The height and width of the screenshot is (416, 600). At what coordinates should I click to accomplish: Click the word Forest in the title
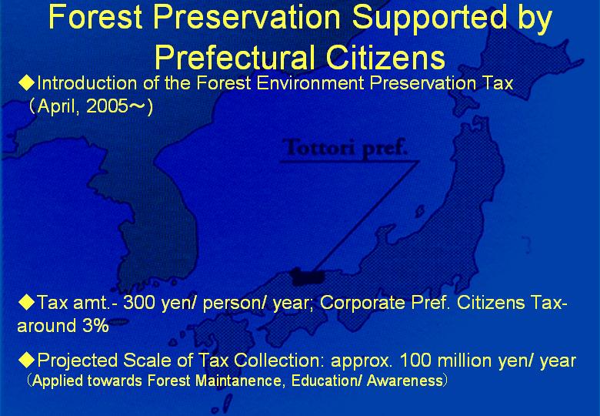tap(95, 17)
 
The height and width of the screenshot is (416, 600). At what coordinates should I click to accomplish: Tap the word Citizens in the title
tap(385, 58)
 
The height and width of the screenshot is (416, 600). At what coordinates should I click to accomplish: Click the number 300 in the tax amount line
tap(139, 303)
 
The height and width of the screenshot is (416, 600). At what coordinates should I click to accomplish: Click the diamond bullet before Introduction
tap(27, 83)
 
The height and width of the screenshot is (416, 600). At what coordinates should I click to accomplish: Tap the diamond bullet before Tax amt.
tap(27, 303)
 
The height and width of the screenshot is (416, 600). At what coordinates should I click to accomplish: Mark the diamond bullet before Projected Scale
tap(27, 360)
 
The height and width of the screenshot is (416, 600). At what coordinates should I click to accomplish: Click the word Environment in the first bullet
tap(310, 83)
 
